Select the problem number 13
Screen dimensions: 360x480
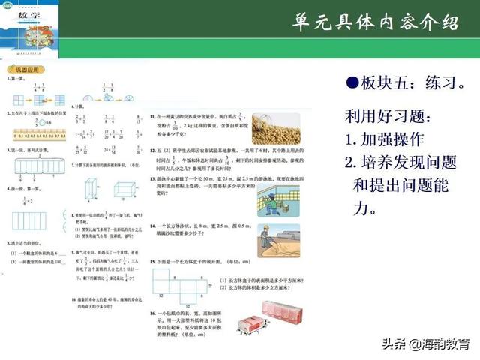[152, 181]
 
